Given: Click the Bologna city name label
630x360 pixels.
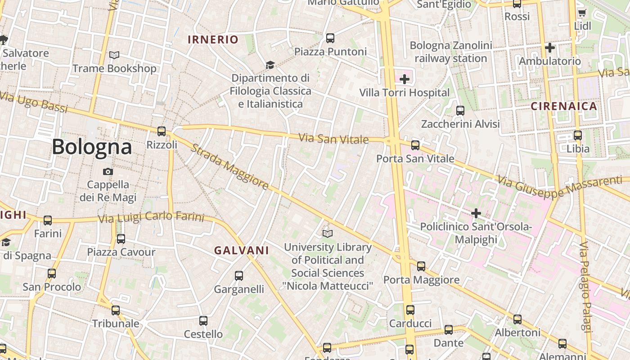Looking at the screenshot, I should click(92, 147).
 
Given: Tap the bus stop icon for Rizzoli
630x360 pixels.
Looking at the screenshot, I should click(162, 131).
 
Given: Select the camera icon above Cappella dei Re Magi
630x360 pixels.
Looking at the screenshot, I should click(108, 171).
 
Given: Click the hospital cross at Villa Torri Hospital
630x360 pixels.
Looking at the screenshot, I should click(405, 80).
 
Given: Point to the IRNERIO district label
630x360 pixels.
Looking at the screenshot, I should click(213, 40).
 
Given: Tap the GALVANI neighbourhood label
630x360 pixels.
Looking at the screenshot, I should click(241, 251).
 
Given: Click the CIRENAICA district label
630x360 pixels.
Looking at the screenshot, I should click(564, 107).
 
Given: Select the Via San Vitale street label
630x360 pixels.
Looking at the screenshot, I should click(334, 139).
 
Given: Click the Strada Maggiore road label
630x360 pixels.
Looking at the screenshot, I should click(229, 167).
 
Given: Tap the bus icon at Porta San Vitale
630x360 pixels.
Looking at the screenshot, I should click(415, 145).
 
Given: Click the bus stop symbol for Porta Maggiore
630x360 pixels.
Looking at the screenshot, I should click(421, 266).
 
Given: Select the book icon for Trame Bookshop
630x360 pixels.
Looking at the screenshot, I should click(114, 55).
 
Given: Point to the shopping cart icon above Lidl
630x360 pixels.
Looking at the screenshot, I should click(582, 13).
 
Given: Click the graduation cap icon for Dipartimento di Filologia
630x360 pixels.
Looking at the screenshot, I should click(270, 65).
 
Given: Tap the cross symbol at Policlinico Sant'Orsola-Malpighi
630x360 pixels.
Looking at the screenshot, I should click(476, 213).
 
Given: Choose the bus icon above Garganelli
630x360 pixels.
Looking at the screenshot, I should click(239, 275).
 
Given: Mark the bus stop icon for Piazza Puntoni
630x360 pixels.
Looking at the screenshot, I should click(330, 38).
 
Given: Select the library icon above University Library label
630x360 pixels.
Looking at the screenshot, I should click(328, 234).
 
